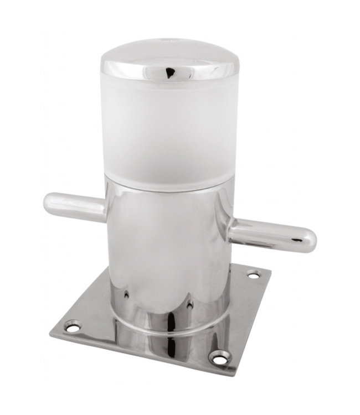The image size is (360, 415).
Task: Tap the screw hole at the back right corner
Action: click(253, 273)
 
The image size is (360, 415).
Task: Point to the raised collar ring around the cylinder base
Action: click(166, 326)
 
